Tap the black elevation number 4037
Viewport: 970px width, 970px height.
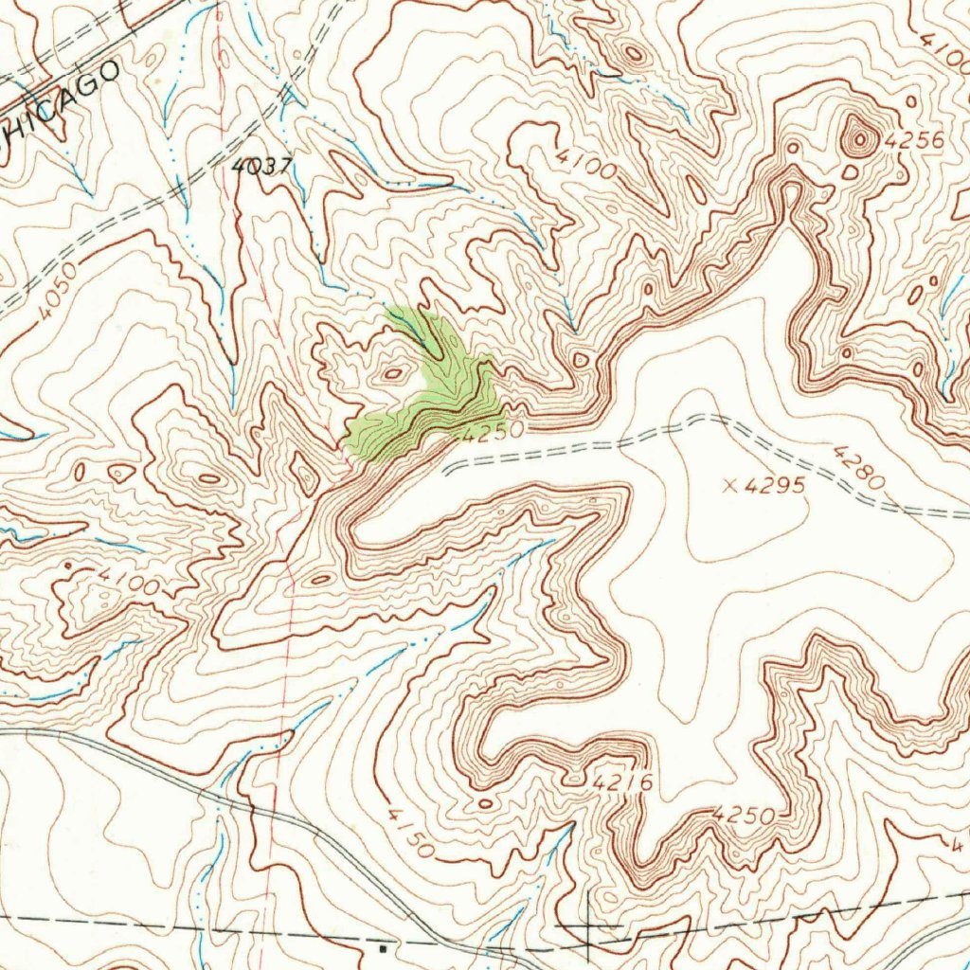(261, 166)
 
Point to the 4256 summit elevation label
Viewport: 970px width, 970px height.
(914, 141)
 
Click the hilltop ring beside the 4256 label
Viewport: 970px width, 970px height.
(860, 140)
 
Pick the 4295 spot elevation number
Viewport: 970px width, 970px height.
(775, 486)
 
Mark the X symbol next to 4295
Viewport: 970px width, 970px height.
(729, 486)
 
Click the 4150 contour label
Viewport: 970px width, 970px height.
(411, 832)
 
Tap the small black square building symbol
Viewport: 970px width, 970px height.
(383, 945)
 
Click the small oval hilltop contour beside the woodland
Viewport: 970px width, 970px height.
(392, 373)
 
